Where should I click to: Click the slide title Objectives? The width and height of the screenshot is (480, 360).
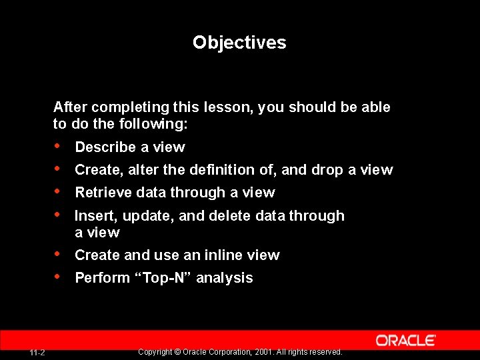(239, 43)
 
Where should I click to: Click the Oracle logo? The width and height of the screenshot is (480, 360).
(405, 340)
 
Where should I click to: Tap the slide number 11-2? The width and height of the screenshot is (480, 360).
(37, 352)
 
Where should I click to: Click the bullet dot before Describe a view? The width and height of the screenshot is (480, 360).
(59, 146)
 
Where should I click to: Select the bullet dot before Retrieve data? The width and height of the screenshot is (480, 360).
(59, 191)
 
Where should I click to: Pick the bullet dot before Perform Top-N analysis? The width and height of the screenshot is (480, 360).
(59, 277)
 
